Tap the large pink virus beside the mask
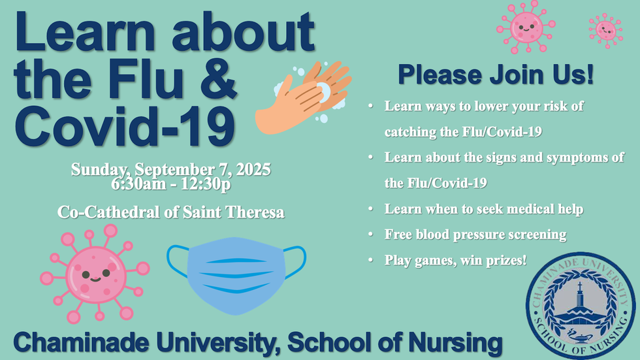click(x=95, y=274)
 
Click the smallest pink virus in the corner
click(x=606, y=31)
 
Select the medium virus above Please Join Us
click(x=526, y=27)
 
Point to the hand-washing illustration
click(x=303, y=97)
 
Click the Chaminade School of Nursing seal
click(x=581, y=305)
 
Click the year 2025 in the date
click(x=253, y=169)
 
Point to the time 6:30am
click(x=138, y=184)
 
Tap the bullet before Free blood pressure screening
click(x=371, y=235)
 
